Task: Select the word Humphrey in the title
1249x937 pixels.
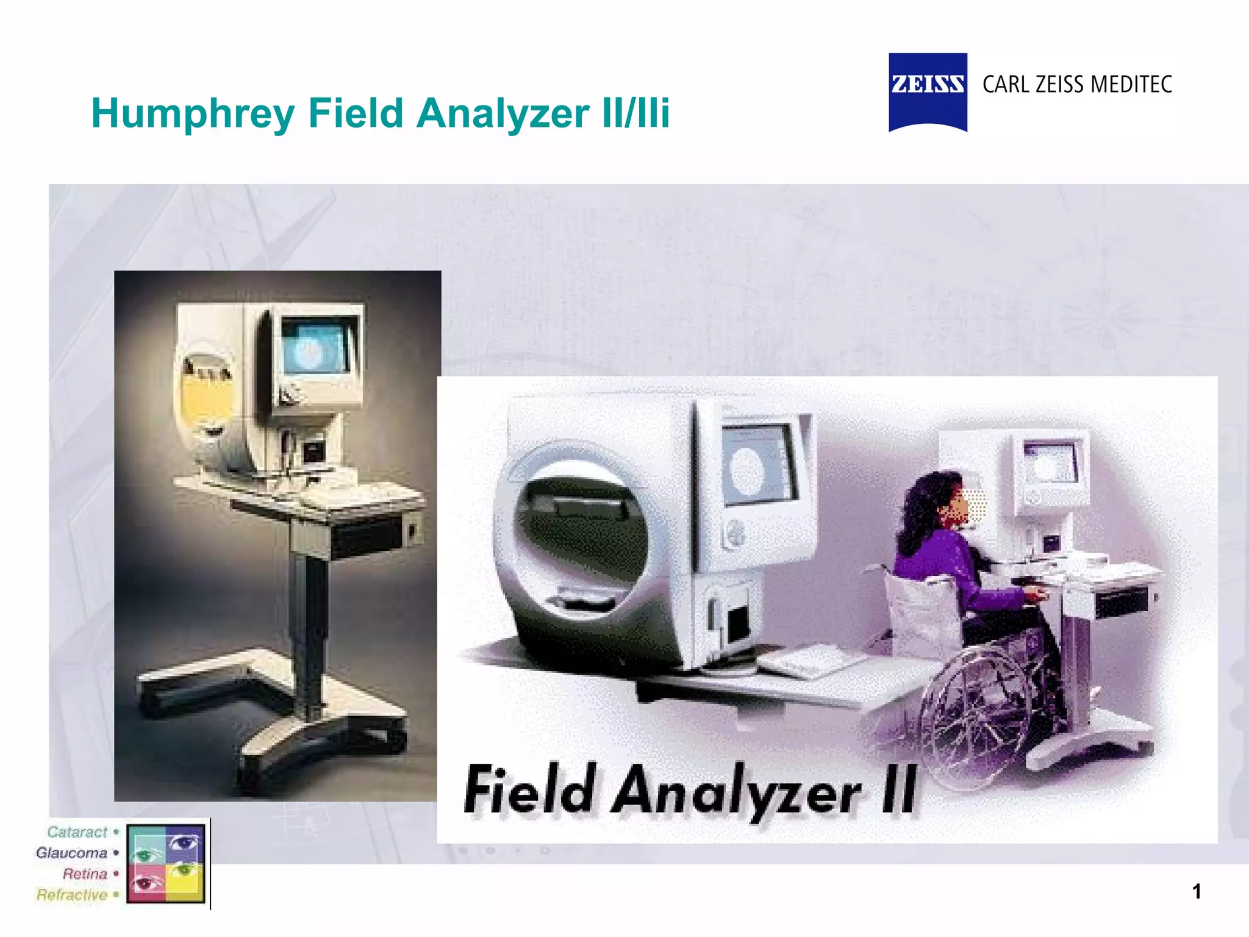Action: coord(193,114)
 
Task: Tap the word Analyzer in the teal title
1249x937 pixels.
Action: coord(503,114)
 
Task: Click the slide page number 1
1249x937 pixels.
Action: coord(1197,891)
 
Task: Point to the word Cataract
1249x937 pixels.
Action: coord(77,832)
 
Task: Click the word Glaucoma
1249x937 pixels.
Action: coord(71,853)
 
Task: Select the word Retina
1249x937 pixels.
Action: coord(85,874)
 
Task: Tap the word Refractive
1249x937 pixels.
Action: coord(71,895)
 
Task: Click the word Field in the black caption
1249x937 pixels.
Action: coord(528,791)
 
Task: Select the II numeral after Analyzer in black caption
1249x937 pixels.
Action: coord(899,790)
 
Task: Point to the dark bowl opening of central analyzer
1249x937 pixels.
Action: coord(579,537)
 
